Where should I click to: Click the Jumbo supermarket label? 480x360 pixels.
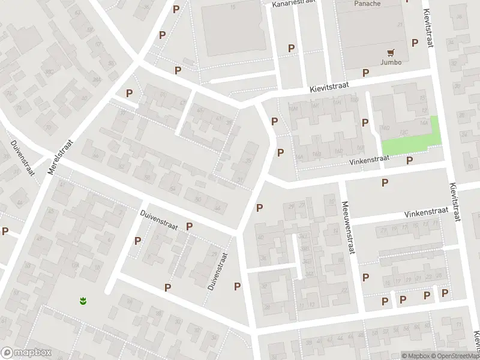pyautogui.click(x=390, y=62)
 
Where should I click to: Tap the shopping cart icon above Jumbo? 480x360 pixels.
pyautogui.click(x=391, y=52)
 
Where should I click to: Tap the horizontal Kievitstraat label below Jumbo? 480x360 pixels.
pyautogui.click(x=329, y=88)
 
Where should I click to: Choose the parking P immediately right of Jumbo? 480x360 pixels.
pyautogui.click(x=414, y=43)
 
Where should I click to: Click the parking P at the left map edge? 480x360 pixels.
pyautogui.click(x=5, y=231)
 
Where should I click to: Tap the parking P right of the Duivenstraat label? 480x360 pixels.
pyautogui.click(x=190, y=226)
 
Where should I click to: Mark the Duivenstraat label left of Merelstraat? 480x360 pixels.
pyautogui.click(x=23, y=158)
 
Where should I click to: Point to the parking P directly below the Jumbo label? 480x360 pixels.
pyautogui.click(x=366, y=73)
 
